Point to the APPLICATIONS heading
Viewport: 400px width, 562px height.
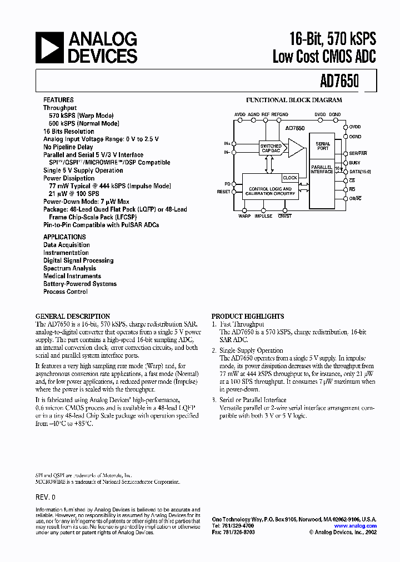[64, 237]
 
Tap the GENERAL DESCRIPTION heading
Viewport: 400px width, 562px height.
[73, 317]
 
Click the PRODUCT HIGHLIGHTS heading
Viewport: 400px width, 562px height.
[248, 317]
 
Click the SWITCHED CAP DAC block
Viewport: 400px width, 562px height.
[271, 148]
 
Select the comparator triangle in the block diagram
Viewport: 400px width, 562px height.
[296, 148]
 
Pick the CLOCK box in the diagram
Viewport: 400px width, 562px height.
[290, 178]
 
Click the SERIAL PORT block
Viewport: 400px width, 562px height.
[323, 146]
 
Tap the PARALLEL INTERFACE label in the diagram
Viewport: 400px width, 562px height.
[322, 169]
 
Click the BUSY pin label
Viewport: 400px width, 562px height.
[355, 163]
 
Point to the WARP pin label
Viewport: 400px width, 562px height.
[244, 216]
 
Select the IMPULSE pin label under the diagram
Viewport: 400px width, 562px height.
[263, 216]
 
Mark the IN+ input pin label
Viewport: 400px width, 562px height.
[227, 143]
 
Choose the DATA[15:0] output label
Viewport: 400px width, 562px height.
[360, 172]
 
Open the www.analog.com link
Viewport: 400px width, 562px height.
[356, 526]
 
